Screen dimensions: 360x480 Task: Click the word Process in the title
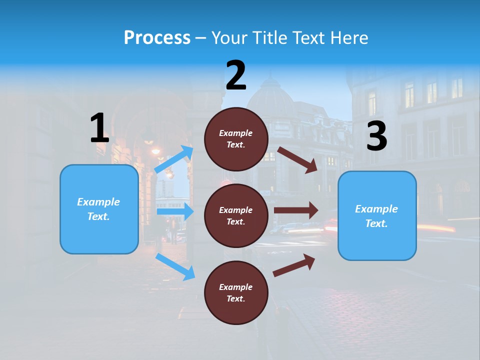[157, 38]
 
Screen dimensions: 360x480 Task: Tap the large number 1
[99, 128]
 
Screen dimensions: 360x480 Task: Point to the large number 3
[376, 136]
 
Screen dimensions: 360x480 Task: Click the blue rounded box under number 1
[99, 209]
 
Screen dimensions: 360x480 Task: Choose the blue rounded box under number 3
[377, 216]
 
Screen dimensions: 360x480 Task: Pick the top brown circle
[236, 139]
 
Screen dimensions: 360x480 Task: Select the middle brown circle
[236, 215]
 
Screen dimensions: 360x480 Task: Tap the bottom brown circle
[236, 292]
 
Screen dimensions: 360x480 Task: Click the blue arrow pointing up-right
[174, 159]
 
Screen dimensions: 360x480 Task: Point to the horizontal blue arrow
[175, 212]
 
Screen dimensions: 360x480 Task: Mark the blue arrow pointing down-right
[175, 266]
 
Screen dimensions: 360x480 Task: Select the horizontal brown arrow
[296, 210]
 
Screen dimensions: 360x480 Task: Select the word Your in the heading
[229, 38]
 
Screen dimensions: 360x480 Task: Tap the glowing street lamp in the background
[155, 150]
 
